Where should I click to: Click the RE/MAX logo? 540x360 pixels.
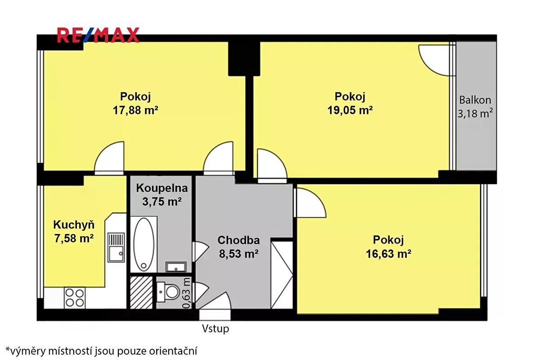(x=98, y=35)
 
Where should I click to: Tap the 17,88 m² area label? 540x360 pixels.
(x=135, y=110)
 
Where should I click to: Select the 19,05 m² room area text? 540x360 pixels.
(x=350, y=110)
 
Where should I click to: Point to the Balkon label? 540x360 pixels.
(x=475, y=100)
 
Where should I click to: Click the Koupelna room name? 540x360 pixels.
(x=162, y=188)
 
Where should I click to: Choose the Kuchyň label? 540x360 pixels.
(x=74, y=225)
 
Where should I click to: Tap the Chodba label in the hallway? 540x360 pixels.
(x=238, y=240)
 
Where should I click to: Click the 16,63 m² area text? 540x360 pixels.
(x=389, y=254)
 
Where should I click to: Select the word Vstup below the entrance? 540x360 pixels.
(x=216, y=329)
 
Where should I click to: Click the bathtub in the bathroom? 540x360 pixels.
(x=144, y=244)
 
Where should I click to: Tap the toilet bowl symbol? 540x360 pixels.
(x=169, y=292)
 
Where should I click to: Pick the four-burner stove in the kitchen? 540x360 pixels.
(x=75, y=298)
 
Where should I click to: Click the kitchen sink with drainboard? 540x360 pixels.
(x=116, y=247)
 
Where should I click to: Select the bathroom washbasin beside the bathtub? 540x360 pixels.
(x=176, y=267)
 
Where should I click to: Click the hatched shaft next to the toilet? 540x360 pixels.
(x=141, y=292)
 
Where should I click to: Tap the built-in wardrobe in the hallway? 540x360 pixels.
(x=282, y=275)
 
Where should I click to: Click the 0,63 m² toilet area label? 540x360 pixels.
(x=187, y=293)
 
